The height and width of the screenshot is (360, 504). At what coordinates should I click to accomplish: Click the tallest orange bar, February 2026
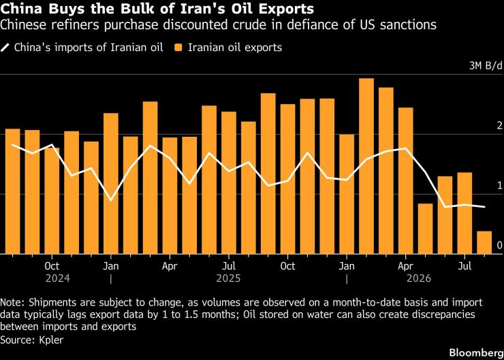pyautogui.click(x=366, y=166)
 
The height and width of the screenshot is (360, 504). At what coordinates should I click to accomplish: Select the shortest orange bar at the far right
pyautogui.click(x=484, y=242)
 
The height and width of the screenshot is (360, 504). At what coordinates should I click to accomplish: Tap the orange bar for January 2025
pyautogui.click(x=111, y=183)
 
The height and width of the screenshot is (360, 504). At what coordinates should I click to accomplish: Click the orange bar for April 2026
pyautogui.click(x=406, y=181)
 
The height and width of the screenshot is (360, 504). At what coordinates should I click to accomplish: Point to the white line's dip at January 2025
pyautogui.click(x=111, y=200)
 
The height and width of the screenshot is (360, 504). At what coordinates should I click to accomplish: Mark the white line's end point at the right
pyautogui.click(x=484, y=207)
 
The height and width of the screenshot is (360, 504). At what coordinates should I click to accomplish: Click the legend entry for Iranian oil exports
pyautogui.click(x=228, y=48)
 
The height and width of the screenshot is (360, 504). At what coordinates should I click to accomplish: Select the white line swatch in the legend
pyautogui.click(x=5, y=48)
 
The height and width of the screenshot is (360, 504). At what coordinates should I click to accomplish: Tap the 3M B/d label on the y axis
pyautogui.click(x=486, y=66)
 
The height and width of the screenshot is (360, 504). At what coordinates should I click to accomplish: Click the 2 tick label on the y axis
pyautogui.click(x=499, y=126)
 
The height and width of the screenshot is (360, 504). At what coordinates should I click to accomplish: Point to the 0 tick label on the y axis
pyautogui.click(x=499, y=246)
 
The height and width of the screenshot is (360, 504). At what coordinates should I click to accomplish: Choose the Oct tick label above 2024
pyautogui.click(x=52, y=266)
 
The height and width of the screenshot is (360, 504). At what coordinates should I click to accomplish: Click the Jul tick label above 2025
pyautogui.click(x=229, y=266)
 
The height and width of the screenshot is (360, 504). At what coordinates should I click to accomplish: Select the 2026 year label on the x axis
pyautogui.click(x=418, y=278)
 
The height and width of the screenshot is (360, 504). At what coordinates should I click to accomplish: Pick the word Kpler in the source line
pyautogui.click(x=51, y=340)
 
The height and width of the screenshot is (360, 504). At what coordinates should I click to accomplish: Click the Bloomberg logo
pyautogui.click(x=476, y=353)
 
